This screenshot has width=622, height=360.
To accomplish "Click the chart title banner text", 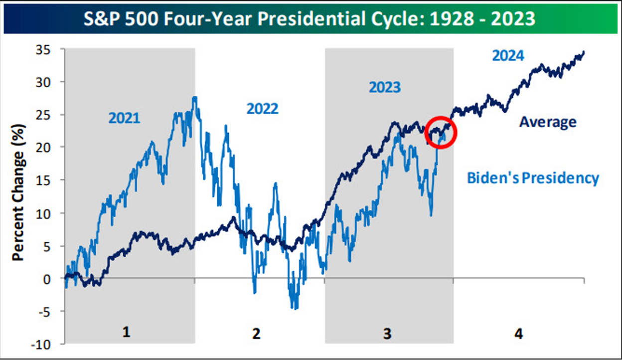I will click(x=311, y=19).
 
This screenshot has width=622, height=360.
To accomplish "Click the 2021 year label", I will click(x=124, y=118).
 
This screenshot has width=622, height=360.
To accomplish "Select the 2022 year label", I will click(x=263, y=108).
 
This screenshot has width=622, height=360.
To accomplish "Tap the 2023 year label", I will click(x=384, y=87).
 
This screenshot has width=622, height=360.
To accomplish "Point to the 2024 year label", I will click(x=508, y=55).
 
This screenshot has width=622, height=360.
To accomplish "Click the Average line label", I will click(x=548, y=122).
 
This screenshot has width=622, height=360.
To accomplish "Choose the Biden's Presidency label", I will click(x=532, y=178).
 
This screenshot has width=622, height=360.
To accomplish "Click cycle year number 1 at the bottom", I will click(x=127, y=333).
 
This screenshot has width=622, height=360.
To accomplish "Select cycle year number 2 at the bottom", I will click(x=256, y=333).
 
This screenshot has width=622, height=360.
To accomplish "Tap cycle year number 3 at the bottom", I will click(x=387, y=333).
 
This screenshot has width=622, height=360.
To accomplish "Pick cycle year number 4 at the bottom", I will click(x=518, y=333).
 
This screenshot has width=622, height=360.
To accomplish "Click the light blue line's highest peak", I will click(x=194, y=97).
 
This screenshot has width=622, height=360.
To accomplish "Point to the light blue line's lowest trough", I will click(x=295, y=309).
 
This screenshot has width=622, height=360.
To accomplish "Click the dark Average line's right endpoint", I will click(x=584, y=51).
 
